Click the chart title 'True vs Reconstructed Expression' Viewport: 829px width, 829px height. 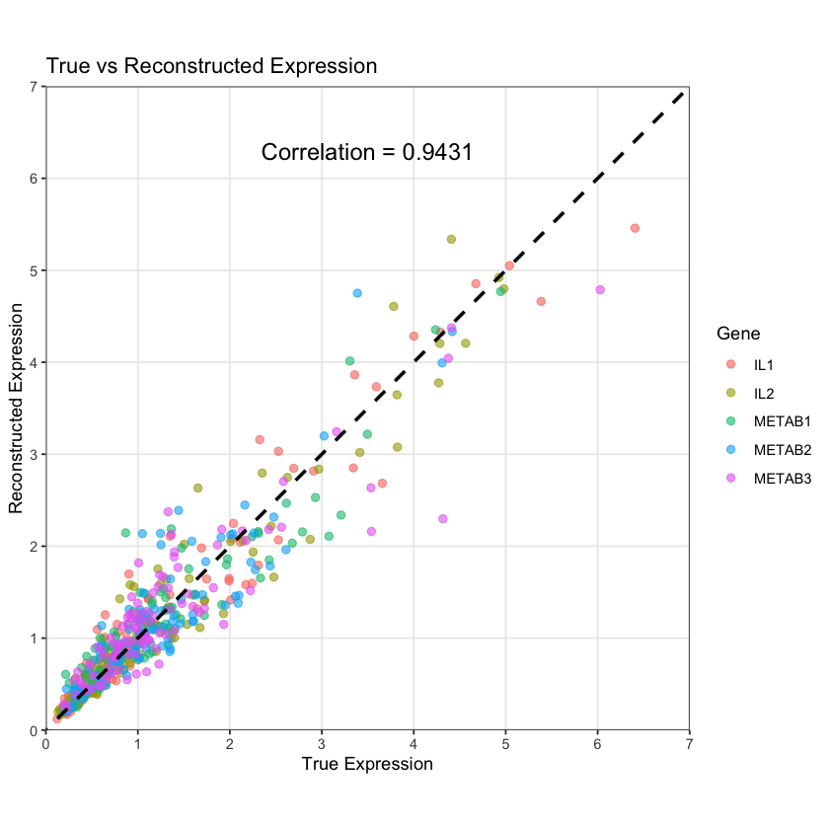pyautogui.click(x=211, y=67)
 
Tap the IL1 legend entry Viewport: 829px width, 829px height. pyautogui.click(x=763, y=365)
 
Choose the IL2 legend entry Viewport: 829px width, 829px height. pyautogui.click(x=763, y=394)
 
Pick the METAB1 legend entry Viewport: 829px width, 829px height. pyautogui.click(x=781, y=422)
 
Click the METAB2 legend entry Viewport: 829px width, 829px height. pyautogui.click(x=781, y=451)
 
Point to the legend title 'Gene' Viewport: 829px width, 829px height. pyautogui.click(x=738, y=334)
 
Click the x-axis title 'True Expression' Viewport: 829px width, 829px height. pyautogui.click(x=367, y=764)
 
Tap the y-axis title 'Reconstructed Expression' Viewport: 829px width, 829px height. pyautogui.click(x=16, y=408)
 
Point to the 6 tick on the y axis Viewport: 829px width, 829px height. pyautogui.click(x=35, y=179)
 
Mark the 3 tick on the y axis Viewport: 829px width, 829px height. pyautogui.click(x=35, y=454)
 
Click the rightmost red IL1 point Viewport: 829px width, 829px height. pyautogui.click(x=635, y=228)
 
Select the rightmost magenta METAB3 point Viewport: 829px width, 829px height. pyautogui.click(x=600, y=290)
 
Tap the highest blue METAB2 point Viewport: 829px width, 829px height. pyautogui.click(x=357, y=293)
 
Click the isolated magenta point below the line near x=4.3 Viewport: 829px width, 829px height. pyautogui.click(x=442, y=519)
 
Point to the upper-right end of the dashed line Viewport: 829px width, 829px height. pyautogui.click(x=683, y=94)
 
